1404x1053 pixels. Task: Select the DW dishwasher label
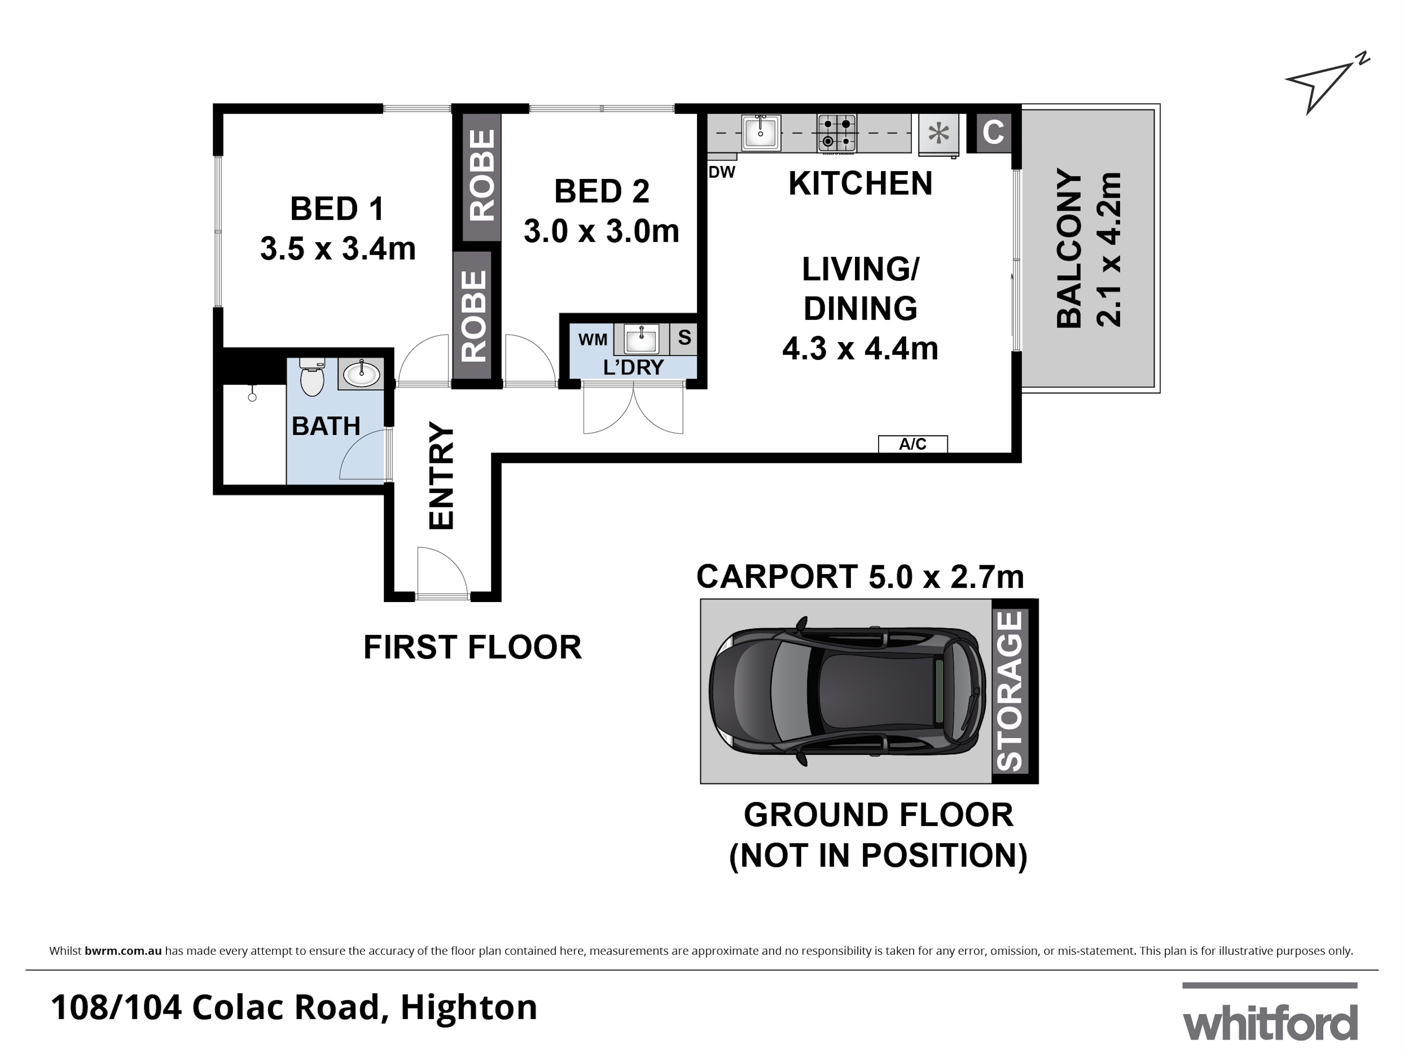coord(722,172)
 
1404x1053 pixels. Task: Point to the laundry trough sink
coord(641,339)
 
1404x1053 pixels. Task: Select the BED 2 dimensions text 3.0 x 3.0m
coord(601,231)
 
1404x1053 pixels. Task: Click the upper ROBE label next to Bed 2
coord(482,176)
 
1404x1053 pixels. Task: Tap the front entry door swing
coord(442,572)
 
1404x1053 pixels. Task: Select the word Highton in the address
coord(469,1007)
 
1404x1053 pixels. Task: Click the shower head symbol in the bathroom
coord(252,396)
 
